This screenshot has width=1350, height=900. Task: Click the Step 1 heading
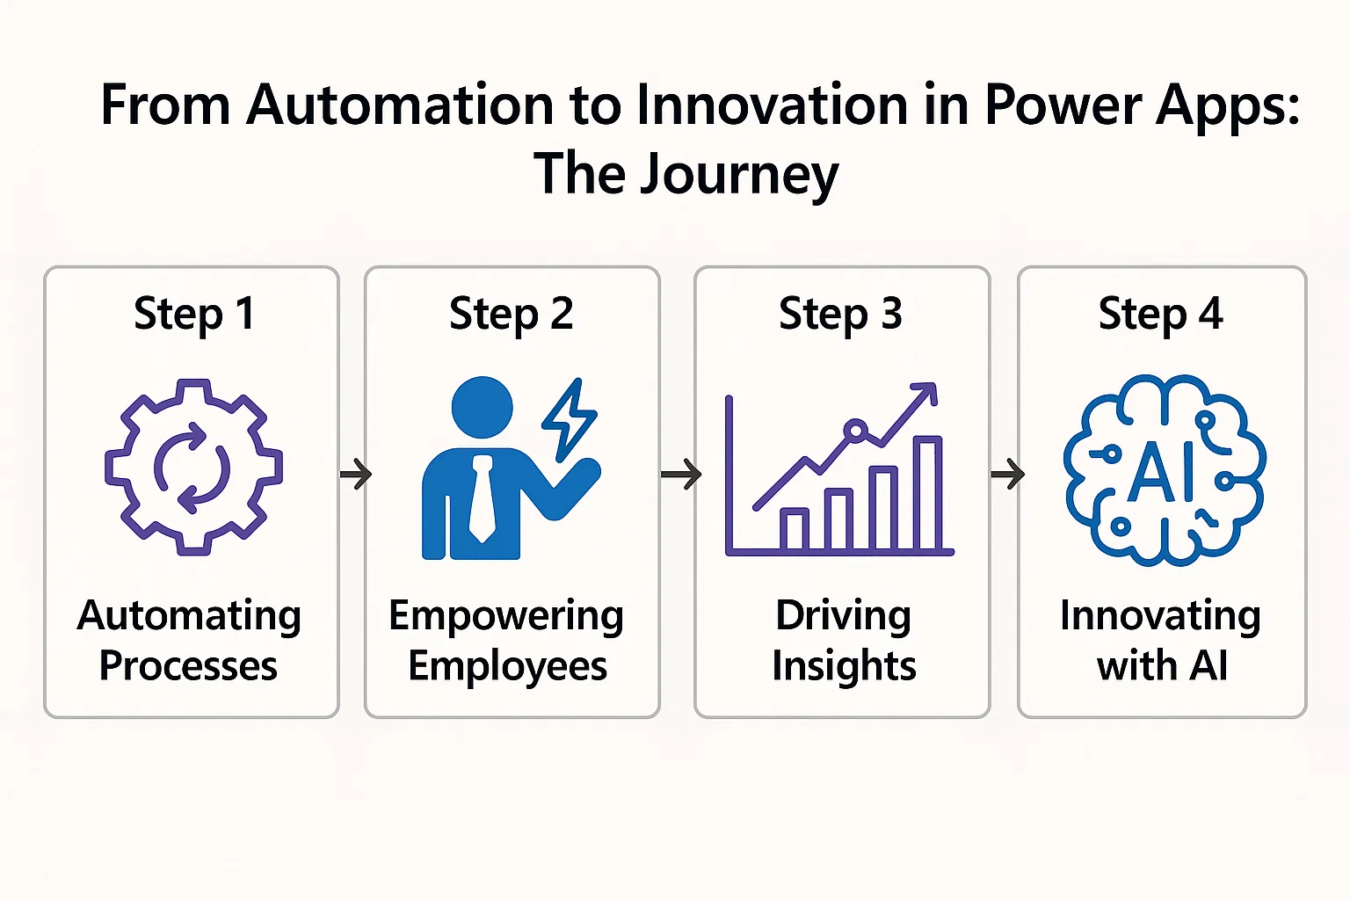coord(193,314)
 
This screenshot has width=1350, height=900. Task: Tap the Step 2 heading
coord(511,314)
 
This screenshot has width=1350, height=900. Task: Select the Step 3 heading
coord(840,314)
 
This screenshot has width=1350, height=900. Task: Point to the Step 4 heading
coord(1160,314)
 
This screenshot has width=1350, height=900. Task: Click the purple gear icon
coord(193,467)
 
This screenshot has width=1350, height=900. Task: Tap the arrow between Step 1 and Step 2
coord(356,475)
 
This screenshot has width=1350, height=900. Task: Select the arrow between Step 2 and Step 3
coord(681,475)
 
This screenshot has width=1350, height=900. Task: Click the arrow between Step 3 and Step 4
coord(1007,475)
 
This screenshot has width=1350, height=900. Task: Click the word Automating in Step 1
coord(189,616)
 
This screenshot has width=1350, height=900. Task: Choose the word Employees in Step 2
coord(507,666)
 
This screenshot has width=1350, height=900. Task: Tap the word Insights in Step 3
coord(844,666)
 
